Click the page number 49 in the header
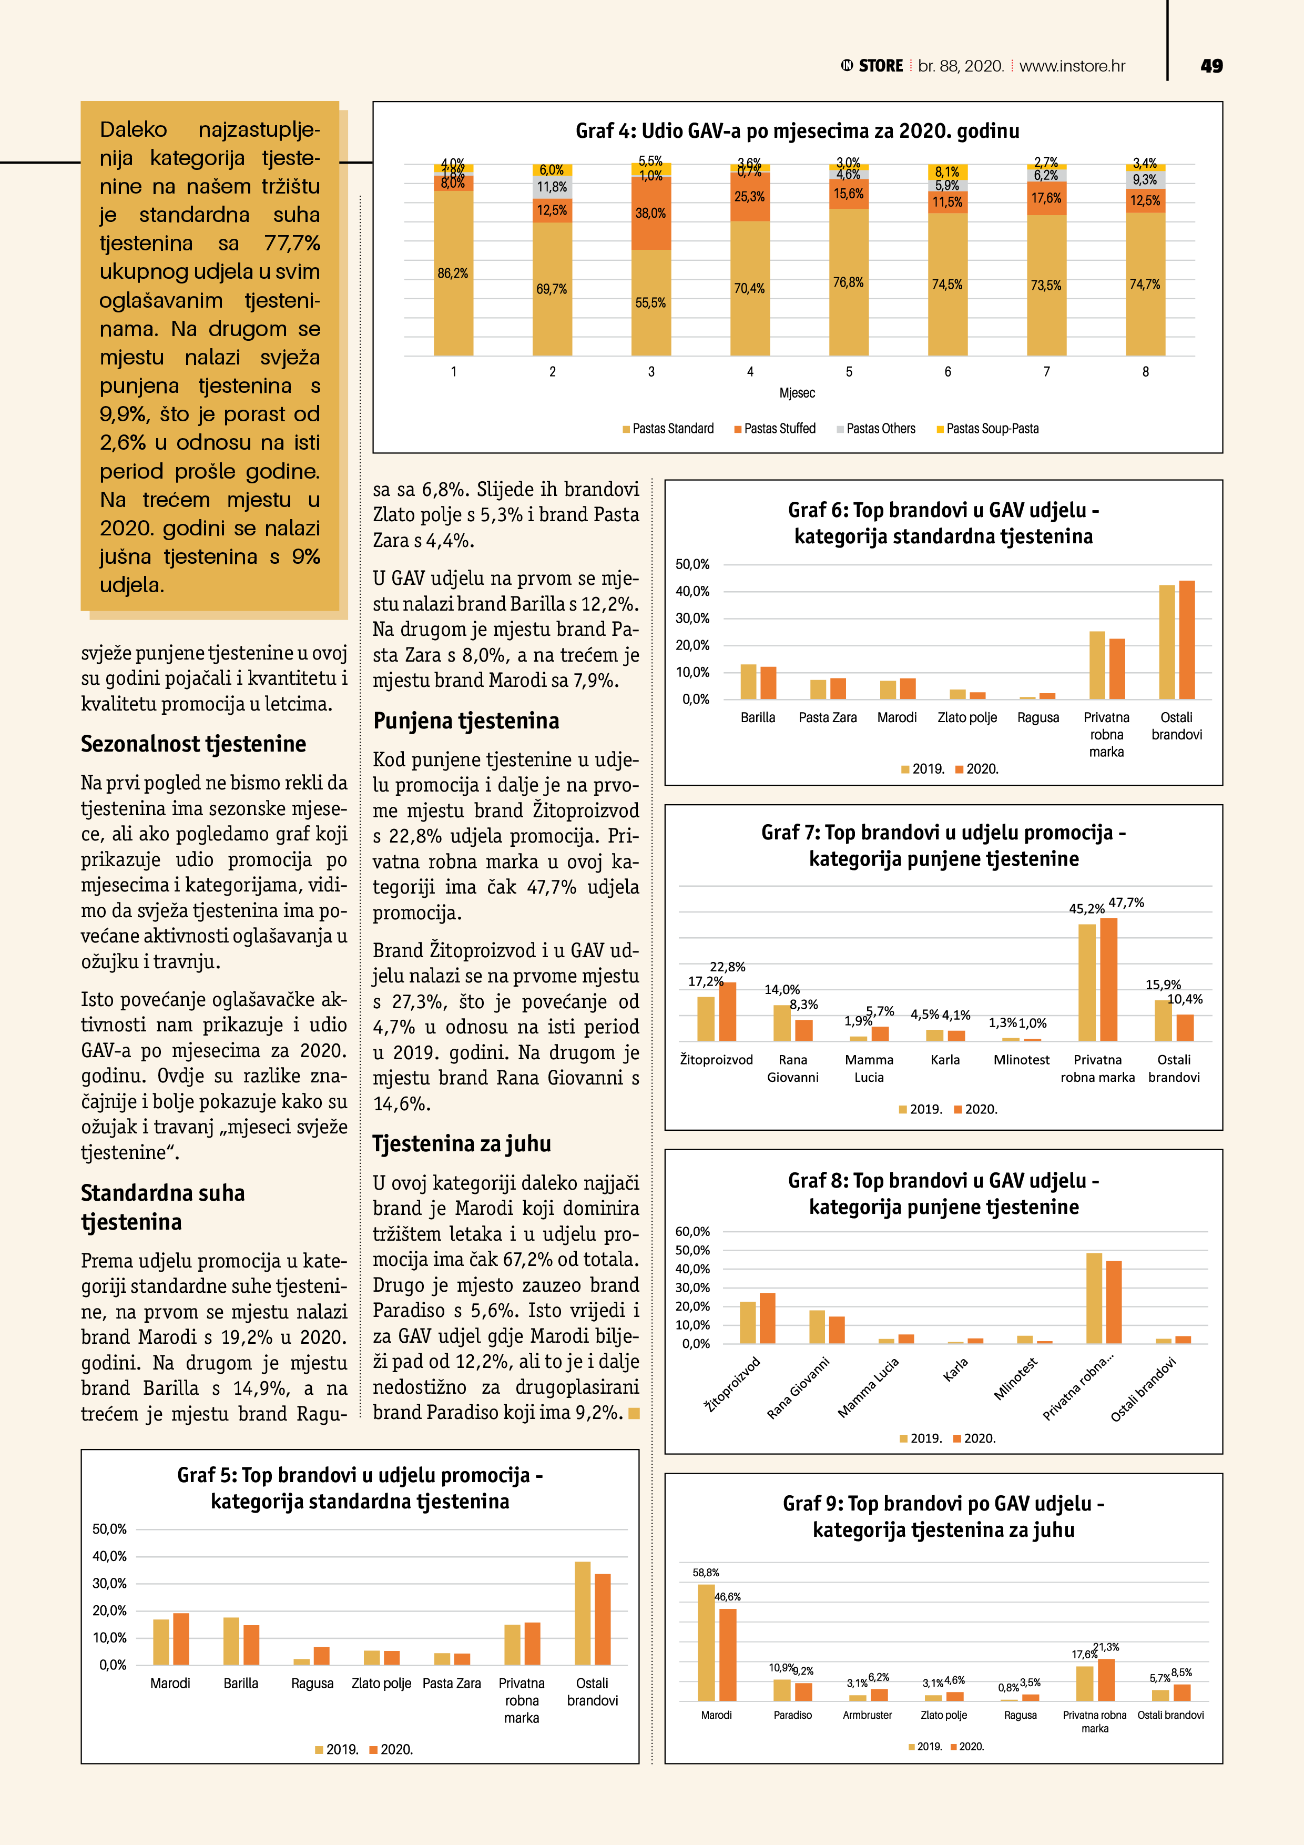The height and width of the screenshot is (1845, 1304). (x=1211, y=66)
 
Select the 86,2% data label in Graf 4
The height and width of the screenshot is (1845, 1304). (x=452, y=273)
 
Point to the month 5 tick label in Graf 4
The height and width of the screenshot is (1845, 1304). (x=849, y=371)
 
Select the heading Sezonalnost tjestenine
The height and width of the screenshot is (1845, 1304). (x=193, y=744)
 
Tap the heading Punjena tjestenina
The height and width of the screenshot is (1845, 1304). (x=466, y=721)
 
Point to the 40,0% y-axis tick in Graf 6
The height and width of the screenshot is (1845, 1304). (x=692, y=592)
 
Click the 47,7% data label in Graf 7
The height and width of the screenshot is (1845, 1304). (x=1126, y=903)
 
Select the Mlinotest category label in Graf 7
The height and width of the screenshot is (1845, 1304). (x=1021, y=1060)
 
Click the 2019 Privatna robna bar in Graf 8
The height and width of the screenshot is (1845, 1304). (x=1094, y=1298)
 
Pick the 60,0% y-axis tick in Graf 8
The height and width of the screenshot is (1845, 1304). (x=692, y=1231)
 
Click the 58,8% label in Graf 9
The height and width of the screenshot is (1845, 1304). (x=706, y=1573)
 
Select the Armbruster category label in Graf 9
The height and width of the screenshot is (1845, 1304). (x=867, y=1715)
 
